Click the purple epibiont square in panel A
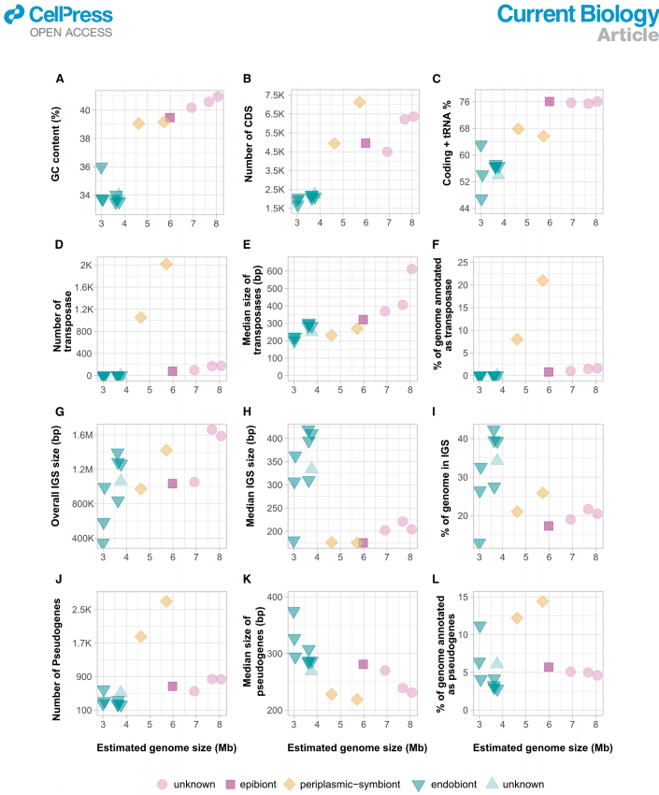(x=170, y=118)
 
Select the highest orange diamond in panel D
(x=166, y=265)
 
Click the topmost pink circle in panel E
(x=412, y=269)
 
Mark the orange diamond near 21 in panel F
(x=542, y=281)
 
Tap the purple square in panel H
(x=364, y=542)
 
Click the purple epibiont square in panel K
(x=364, y=664)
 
